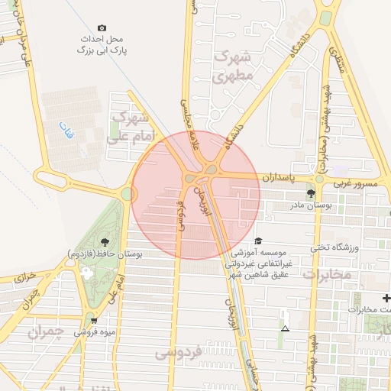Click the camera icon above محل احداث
(x=102, y=27)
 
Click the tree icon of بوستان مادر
(x=310, y=194)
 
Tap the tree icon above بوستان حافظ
(x=105, y=243)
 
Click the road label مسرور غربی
(x=356, y=184)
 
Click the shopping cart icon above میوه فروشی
(x=94, y=321)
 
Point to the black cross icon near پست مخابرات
(x=386, y=298)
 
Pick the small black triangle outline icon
(x=285, y=328)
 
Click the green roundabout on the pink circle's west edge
(x=127, y=194)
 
